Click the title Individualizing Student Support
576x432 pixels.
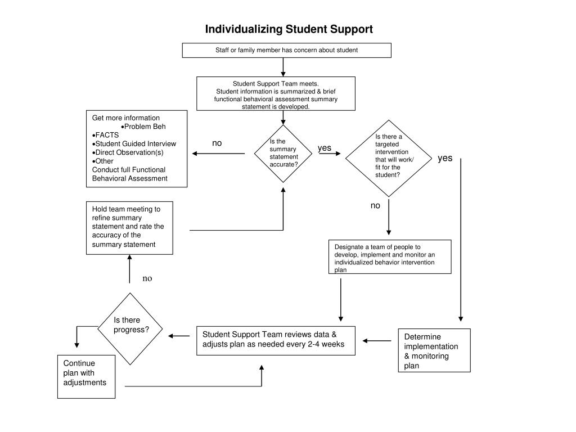click(x=289, y=29)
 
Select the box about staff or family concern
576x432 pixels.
click(x=286, y=50)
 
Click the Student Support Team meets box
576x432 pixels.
click(x=276, y=94)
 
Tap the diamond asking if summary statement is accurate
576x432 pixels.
click(x=283, y=154)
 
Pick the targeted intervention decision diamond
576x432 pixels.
click(x=389, y=158)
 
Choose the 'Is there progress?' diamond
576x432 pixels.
click(x=130, y=328)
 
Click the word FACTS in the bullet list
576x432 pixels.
click(x=107, y=135)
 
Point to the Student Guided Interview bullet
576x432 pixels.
click(x=134, y=143)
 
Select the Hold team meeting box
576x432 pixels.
click(x=130, y=228)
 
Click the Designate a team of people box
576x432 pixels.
click(x=390, y=256)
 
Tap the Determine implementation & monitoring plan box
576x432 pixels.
click(x=434, y=350)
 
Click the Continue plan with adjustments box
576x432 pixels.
click(x=86, y=376)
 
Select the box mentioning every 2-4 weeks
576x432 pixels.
click(x=276, y=340)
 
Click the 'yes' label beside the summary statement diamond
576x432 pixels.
click(x=325, y=148)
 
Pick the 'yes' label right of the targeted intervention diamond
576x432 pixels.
click(x=445, y=158)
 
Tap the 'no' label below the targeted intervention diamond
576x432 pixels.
click(x=375, y=206)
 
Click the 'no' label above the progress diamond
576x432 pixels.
click(x=147, y=279)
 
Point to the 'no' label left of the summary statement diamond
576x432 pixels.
click(x=217, y=143)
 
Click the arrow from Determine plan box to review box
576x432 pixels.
click(x=377, y=341)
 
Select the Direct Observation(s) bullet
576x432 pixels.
click(x=128, y=152)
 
